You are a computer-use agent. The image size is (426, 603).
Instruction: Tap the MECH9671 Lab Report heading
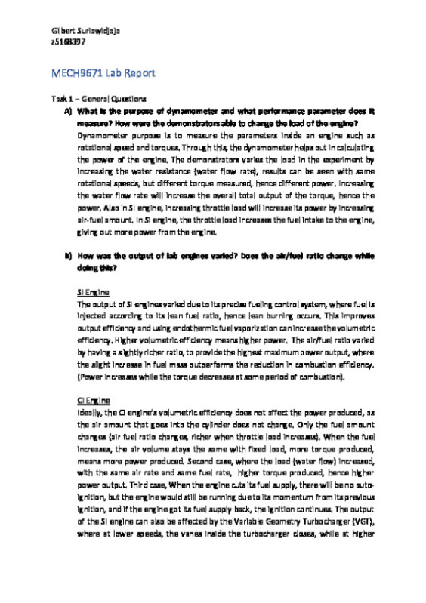click(103, 73)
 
